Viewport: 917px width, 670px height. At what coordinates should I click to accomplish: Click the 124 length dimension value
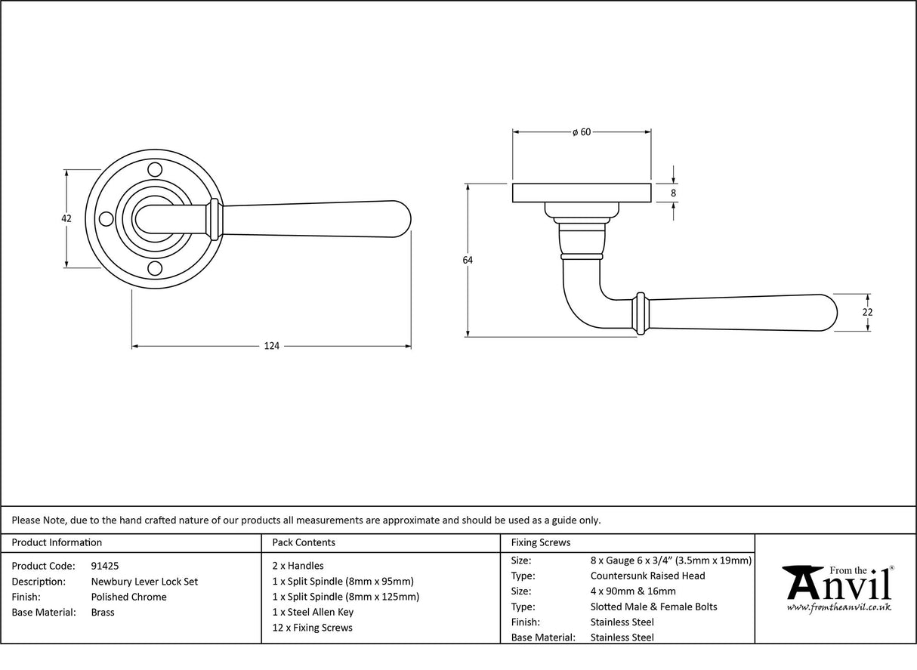pos(271,347)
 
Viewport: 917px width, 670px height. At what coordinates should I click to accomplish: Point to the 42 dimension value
pos(66,218)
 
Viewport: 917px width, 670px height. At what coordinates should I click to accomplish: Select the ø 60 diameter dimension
pos(581,132)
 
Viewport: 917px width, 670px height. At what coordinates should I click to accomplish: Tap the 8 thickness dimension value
pos(673,193)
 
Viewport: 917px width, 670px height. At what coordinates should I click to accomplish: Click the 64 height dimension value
pos(468,260)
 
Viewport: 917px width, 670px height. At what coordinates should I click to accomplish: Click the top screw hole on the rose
pos(155,168)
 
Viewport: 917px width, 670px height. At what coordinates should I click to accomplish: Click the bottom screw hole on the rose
pos(155,268)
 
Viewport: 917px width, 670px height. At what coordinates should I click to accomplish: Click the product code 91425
pos(104,566)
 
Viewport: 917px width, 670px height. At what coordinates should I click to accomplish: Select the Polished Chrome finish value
pos(128,597)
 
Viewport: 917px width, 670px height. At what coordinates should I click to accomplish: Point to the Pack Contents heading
pos(303,542)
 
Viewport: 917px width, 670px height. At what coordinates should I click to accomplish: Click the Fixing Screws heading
pos(541,542)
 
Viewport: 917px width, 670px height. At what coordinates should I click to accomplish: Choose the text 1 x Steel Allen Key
pos(313,612)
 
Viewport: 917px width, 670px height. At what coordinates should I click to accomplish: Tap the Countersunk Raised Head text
pos(647,576)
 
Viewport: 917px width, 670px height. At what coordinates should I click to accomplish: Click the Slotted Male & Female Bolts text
pos(653,607)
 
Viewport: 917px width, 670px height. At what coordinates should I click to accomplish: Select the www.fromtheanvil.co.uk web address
pos(838,607)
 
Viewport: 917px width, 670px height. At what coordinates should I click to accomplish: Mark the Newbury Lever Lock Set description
pos(144,582)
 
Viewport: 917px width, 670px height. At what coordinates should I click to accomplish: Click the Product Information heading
pos(57,542)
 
